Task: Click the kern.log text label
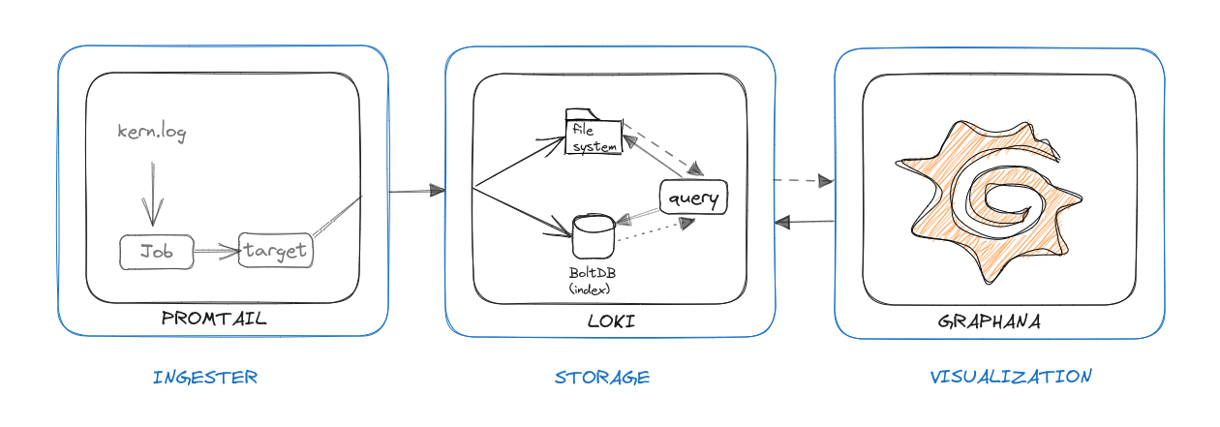[151, 133]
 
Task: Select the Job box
[157, 252]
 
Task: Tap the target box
[276, 251]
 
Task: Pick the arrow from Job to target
[216, 252]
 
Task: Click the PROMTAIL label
[214, 319]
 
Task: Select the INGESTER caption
[205, 378]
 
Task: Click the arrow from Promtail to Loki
[416, 192]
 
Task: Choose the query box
[693, 198]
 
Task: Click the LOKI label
[611, 320]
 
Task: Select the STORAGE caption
[602, 378]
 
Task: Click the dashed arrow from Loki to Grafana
[803, 180]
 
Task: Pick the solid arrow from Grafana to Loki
[805, 223]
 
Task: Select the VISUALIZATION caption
[1011, 377]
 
